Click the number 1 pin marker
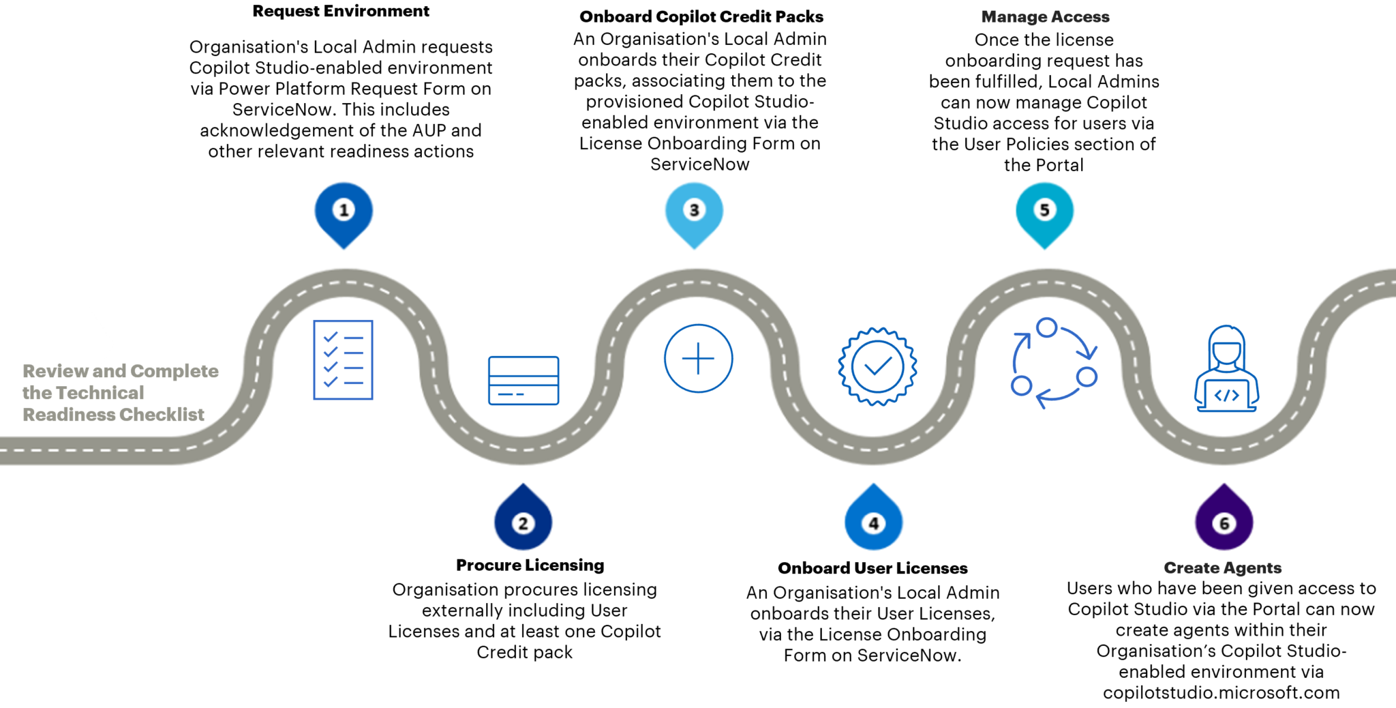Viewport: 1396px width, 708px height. (344, 211)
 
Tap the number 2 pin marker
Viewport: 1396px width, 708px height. (523, 522)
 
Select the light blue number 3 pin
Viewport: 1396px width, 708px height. (694, 211)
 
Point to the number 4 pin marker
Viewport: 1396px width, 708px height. (873, 522)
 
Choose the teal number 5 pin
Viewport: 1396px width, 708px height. (1044, 211)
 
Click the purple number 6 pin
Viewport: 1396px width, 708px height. (1224, 522)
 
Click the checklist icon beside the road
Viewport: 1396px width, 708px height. (343, 359)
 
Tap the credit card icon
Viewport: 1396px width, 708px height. (523, 381)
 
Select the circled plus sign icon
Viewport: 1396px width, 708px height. (698, 358)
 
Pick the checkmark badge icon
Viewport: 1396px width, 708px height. (877, 366)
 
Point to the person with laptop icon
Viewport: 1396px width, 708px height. (1226, 370)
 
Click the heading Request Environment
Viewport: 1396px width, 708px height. (341, 11)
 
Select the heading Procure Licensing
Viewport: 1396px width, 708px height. (530, 565)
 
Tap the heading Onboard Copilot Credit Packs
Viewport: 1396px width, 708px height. (701, 16)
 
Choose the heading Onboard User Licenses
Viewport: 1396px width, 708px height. (872, 568)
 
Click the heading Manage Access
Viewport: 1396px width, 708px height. (1045, 16)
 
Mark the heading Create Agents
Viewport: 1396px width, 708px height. (1222, 567)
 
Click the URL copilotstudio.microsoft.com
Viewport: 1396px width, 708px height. (1221, 692)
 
